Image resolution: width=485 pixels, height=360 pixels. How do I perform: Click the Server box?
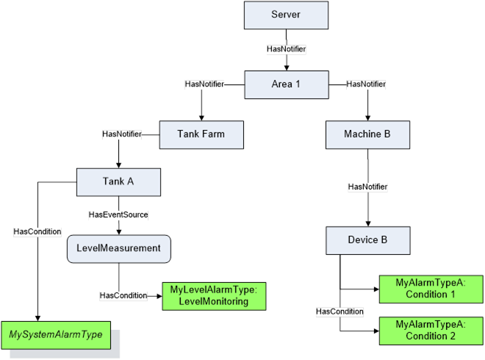click(285, 15)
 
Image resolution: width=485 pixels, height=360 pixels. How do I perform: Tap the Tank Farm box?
click(201, 134)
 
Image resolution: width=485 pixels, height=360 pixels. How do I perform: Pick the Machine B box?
click(368, 134)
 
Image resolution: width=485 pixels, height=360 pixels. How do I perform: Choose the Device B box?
click(368, 240)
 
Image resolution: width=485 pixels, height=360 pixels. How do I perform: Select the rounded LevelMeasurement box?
click(119, 248)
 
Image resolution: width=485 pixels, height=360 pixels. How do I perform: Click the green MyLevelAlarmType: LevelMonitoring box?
click(213, 295)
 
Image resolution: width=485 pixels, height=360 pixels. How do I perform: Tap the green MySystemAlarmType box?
click(60, 335)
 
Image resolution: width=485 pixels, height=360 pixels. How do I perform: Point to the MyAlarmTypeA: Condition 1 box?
click(431, 288)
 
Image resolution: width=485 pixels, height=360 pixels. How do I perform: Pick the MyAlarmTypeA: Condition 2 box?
click(431, 330)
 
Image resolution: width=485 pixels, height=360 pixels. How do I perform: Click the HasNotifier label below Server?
click(286, 49)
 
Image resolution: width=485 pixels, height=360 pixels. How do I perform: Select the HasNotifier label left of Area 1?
click(204, 84)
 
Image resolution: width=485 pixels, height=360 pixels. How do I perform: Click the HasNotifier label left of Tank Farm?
click(121, 134)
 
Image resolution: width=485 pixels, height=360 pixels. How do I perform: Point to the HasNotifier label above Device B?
click(367, 187)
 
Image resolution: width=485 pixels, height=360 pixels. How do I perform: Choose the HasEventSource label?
click(119, 215)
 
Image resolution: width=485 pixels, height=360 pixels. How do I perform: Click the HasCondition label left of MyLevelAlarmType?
click(123, 295)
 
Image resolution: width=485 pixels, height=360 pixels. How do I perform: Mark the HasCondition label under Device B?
click(339, 312)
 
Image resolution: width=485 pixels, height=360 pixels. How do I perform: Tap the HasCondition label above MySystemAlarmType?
click(37, 231)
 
